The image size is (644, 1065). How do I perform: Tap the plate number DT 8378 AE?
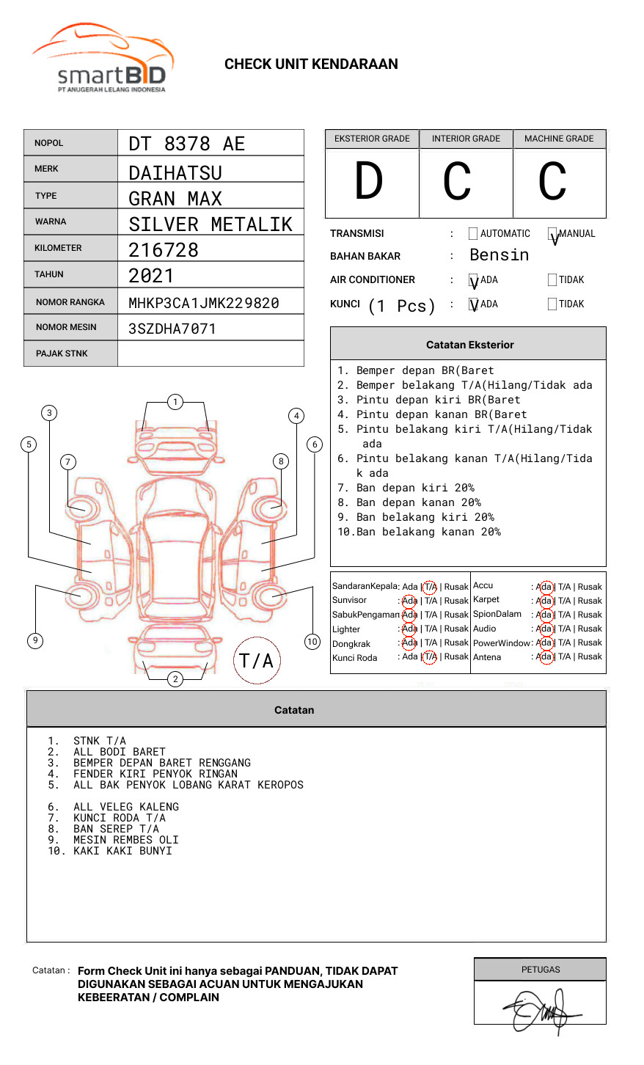[x=186, y=144]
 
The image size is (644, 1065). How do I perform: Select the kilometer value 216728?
[x=164, y=250]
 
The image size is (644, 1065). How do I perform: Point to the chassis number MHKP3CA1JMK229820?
[x=203, y=303]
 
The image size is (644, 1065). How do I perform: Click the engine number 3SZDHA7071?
[x=172, y=329]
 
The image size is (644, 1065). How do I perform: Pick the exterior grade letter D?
[x=369, y=181]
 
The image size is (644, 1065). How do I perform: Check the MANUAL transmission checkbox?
[x=552, y=234]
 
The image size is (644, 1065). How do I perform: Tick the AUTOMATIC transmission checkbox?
[x=473, y=234]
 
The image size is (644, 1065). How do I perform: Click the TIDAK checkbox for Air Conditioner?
[x=552, y=279]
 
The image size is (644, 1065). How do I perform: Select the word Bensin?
[x=499, y=255]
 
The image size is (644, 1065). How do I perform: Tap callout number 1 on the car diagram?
[x=175, y=402]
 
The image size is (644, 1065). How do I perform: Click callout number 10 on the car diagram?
[x=312, y=642]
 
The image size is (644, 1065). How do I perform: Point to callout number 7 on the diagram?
[x=67, y=461]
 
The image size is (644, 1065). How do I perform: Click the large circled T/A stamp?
[x=257, y=661]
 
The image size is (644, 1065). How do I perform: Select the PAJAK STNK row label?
[x=62, y=354]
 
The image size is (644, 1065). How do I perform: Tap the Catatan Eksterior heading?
[x=469, y=345]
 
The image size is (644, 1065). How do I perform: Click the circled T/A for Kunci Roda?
[x=430, y=656]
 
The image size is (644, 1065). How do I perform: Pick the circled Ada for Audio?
[x=544, y=629]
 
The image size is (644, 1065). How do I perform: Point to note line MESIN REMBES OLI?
[x=125, y=840]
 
